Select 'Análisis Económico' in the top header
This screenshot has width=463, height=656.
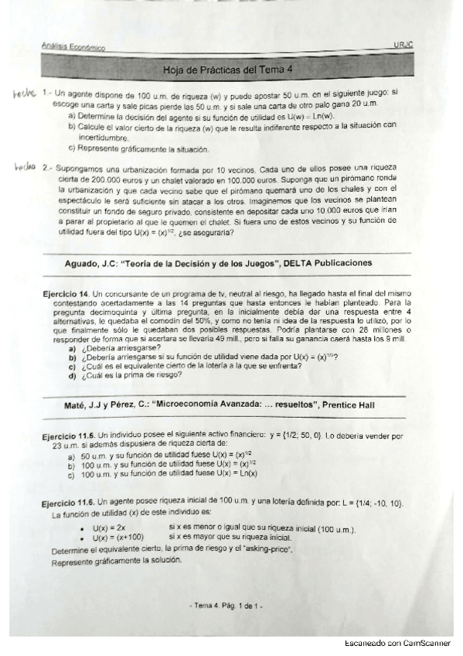[x=74, y=47]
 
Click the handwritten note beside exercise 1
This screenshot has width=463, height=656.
[x=24, y=93]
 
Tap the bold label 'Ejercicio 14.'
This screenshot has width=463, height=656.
[x=67, y=295]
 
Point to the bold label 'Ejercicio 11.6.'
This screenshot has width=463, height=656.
[x=69, y=504]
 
